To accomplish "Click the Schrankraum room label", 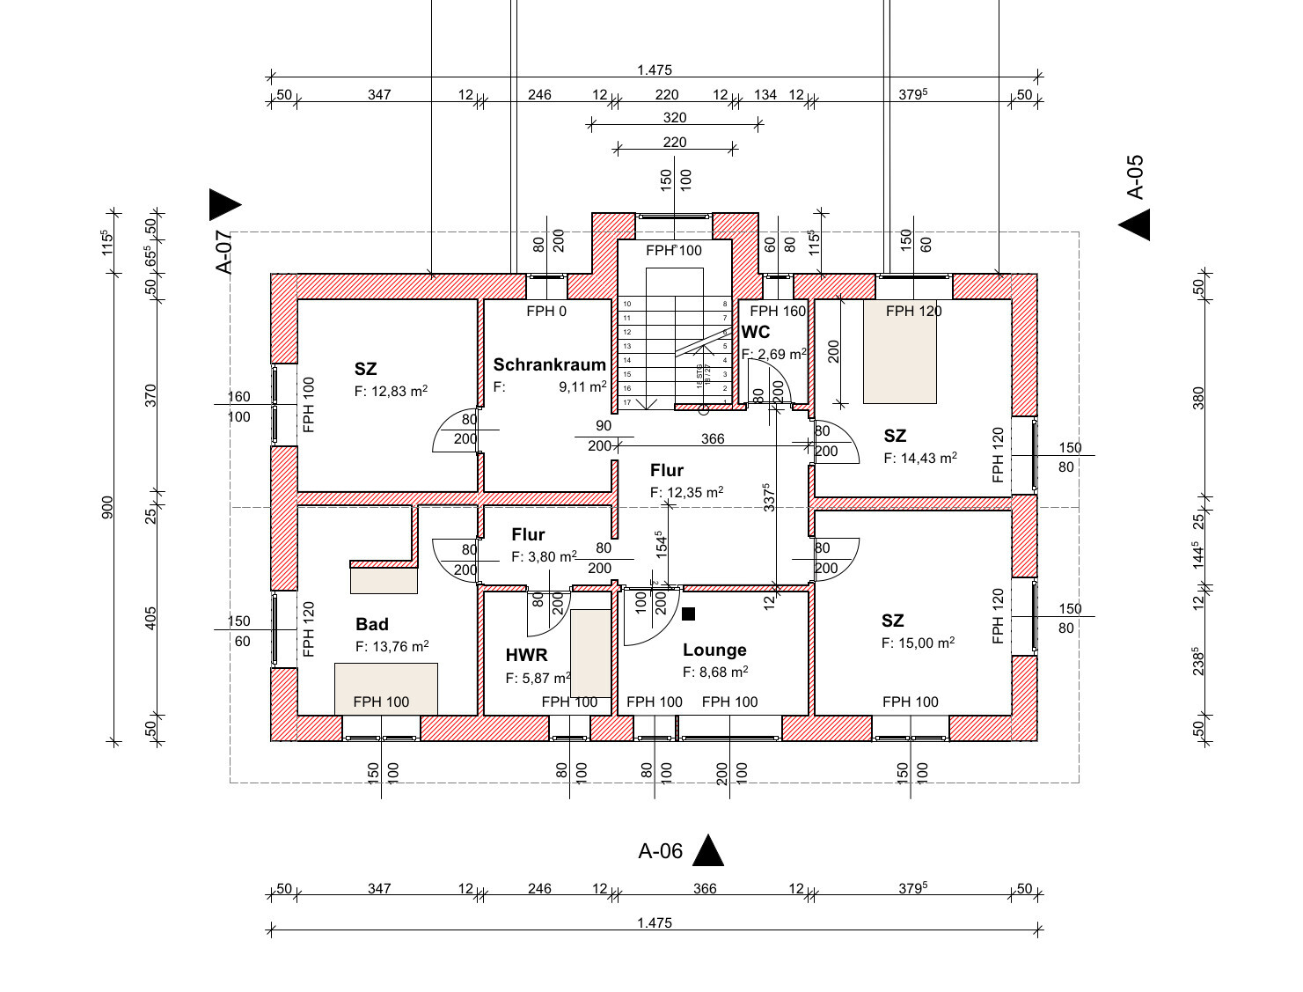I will coord(549,364).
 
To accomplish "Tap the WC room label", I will coord(756,332).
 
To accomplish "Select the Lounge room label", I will coord(714,650).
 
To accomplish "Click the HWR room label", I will coord(526,655).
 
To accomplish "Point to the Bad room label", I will coord(371,624).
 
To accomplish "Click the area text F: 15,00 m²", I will coord(918,643).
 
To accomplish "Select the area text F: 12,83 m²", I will coord(391,392).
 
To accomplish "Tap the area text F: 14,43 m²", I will coord(919,458).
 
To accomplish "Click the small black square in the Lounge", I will coord(688,614).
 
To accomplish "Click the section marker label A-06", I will coord(660,851).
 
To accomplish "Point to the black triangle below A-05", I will coord(1135,226).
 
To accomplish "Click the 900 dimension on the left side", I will coord(107,508).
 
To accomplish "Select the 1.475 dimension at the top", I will coord(654,70).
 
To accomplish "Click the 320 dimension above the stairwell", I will coord(674,118).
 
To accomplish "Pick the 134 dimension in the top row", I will coord(765,95).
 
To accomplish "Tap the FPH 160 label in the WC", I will coord(777,311).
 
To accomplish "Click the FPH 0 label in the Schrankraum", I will coord(546,311).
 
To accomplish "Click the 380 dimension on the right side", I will coord(1197,397).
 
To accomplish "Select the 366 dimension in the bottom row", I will coord(705,889).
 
